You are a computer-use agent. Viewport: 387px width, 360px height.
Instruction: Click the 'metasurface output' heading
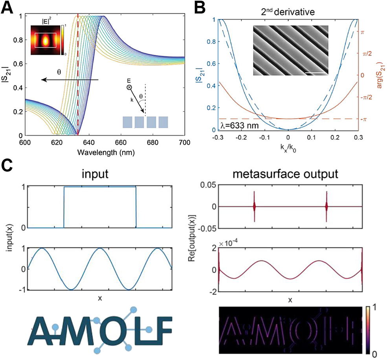[x=290, y=174]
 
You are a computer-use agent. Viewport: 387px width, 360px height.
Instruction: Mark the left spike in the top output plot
[x=254, y=206]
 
